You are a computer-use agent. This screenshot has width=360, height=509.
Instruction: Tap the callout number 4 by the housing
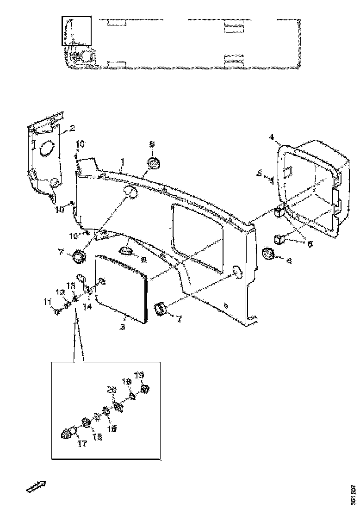(272, 137)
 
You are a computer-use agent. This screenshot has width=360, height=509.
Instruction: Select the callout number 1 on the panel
(122, 161)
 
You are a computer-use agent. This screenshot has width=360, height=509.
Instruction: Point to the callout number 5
(260, 173)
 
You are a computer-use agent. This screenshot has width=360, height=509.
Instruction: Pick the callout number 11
(46, 303)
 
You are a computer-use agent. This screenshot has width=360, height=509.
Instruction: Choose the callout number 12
(59, 292)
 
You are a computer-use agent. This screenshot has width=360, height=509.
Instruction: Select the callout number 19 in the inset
(138, 375)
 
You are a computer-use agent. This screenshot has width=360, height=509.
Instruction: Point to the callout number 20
(111, 390)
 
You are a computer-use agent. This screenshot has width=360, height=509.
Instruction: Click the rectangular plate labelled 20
(118, 407)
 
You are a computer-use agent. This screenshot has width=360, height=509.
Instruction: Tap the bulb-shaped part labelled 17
(68, 434)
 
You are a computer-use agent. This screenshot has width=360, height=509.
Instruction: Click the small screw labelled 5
(272, 179)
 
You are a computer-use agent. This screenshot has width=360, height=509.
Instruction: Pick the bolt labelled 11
(56, 311)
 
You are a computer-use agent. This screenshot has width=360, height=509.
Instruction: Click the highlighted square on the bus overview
(77, 31)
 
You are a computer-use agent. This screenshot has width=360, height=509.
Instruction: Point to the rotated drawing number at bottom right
(354, 494)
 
